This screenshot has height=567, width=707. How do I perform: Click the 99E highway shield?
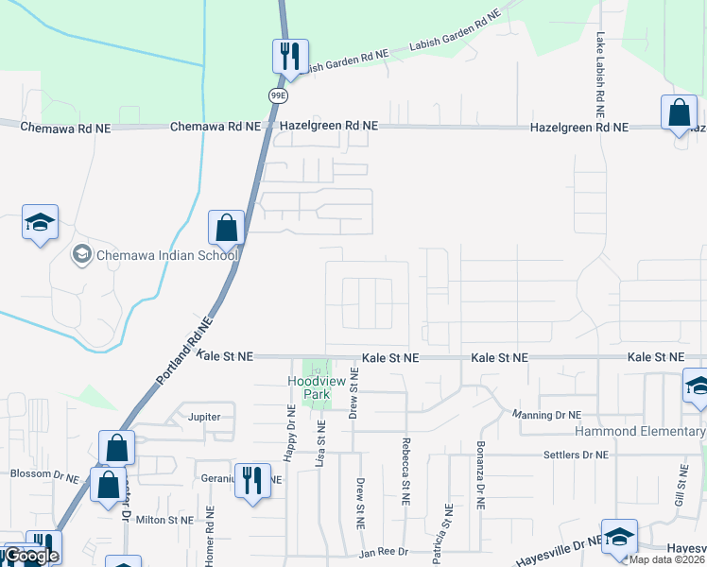click(278, 95)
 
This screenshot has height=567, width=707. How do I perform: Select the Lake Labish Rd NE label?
click(599, 71)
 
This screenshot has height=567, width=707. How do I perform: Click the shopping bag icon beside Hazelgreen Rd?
click(679, 112)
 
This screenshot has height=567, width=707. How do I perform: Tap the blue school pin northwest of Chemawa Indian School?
click(40, 223)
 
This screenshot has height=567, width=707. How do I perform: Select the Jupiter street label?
click(204, 416)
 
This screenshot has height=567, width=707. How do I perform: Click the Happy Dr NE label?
click(290, 435)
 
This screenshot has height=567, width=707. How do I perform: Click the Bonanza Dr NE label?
click(480, 487)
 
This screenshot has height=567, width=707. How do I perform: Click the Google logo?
click(31, 556)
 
